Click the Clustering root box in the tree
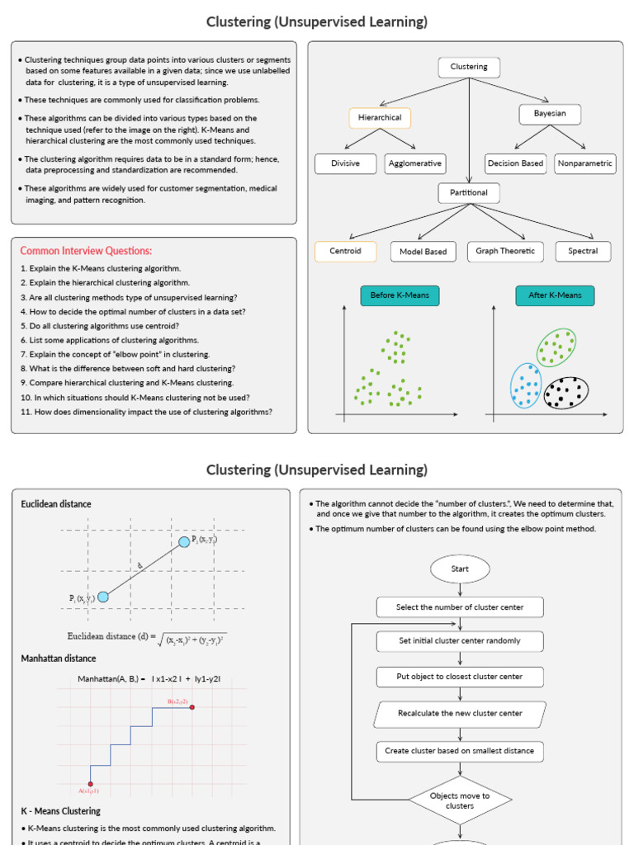pos(469,67)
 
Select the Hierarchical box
pos(380,117)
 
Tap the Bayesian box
pos(550,114)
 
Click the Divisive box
pos(345,163)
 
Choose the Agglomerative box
pos(415,163)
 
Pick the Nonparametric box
pos(585,163)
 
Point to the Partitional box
pos(469,193)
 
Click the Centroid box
pos(345,251)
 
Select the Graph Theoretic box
pos(505,251)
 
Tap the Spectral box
pos(583,251)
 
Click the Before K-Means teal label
pos(400,295)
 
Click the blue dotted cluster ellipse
pos(525,385)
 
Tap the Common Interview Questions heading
pos(86,251)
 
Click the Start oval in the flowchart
pos(460,569)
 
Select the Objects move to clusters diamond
pos(460,800)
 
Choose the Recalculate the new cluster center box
pos(460,714)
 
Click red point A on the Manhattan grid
pos(90,784)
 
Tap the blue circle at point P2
pos(183,541)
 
